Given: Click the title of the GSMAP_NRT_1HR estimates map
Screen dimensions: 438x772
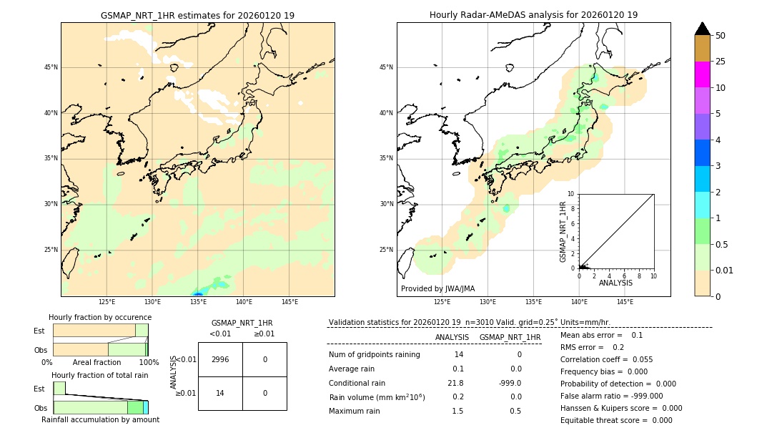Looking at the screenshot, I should coord(197,15).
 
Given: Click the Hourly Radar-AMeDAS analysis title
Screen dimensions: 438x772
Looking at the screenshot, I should coord(533,15).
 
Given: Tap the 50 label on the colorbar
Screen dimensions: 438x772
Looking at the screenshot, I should coord(721,36).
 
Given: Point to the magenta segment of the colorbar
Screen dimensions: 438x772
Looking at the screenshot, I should coord(702,74).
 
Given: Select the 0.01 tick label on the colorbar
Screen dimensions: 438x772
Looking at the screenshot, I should coord(724,270).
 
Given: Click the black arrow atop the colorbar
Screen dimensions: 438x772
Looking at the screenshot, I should coord(702,29).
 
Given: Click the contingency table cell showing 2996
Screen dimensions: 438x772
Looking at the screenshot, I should coord(220,359).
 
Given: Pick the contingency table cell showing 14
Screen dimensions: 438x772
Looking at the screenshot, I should coord(220,393).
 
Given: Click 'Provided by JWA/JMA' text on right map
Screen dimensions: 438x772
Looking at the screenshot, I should coord(437,288).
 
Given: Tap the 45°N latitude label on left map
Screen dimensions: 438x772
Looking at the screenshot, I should coord(51,67).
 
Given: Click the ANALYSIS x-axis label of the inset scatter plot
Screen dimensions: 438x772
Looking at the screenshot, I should coord(615,283).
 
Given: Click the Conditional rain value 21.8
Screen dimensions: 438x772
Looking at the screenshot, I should coord(455,383).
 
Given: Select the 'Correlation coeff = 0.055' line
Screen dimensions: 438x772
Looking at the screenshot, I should coord(606,359).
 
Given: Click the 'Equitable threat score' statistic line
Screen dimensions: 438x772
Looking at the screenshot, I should coord(616,420).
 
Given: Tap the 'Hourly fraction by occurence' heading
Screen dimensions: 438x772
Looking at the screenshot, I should coord(100,317).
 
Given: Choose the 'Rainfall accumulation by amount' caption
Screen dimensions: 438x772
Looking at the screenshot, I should coord(100,419).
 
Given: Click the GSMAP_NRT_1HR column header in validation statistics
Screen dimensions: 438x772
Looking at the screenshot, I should coord(510,337).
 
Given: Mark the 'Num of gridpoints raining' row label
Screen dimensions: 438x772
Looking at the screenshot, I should coord(375,354).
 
